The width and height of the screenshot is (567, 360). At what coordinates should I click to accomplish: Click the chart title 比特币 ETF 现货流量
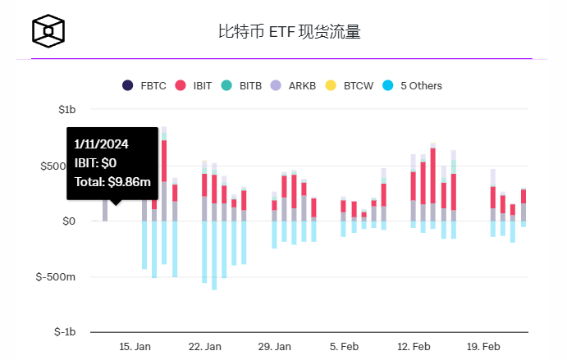[x=289, y=32]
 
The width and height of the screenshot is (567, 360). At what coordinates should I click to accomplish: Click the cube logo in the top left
[x=48, y=31]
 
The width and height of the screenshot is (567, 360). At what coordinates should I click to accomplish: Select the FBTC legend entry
[x=144, y=85]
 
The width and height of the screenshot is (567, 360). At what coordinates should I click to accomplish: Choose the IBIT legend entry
[x=194, y=85]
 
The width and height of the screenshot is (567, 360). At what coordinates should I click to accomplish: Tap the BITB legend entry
[x=245, y=85]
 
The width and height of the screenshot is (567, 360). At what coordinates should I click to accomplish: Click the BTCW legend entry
[x=350, y=85]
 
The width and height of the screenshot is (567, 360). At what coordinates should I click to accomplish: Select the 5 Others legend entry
[x=412, y=85]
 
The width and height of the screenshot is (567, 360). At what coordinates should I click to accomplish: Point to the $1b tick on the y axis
[x=66, y=109]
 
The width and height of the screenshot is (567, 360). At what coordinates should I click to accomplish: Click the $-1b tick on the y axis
[x=64, y=332]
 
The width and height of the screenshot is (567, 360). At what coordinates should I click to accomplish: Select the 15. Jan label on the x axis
[x=135, y=347]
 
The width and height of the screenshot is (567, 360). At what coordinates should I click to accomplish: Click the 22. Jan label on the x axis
[x=204, y=347]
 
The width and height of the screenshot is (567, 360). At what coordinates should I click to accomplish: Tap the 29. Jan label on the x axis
[x=274, y=347]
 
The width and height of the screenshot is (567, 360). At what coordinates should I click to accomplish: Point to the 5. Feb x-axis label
[x=344, y=347]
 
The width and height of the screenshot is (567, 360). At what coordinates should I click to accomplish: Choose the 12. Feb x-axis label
[x=414, y=347]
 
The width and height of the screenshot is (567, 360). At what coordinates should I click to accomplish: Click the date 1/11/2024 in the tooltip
[x=101, y=144]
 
